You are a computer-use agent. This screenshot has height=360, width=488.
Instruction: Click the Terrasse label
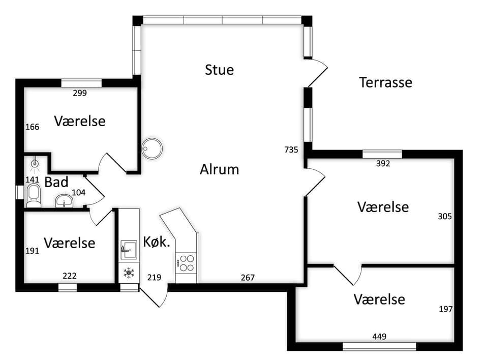coord(386,82)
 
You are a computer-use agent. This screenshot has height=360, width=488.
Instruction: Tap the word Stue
coord(220,70)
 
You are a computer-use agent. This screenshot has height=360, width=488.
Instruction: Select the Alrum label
coord(220,169)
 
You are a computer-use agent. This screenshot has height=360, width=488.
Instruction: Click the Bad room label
coord(56,182)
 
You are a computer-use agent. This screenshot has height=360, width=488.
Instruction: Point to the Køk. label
coord(157,242)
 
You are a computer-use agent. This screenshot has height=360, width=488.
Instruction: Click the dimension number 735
coord(291,150)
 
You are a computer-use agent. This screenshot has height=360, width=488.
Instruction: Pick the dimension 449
coord(379,336)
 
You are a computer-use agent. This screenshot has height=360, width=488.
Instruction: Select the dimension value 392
coord(383,164)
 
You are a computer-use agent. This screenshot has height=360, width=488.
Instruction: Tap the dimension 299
coord(80,93)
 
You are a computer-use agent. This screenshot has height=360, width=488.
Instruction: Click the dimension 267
coord(248,278)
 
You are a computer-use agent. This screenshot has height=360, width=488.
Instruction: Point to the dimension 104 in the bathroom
coord(78,192)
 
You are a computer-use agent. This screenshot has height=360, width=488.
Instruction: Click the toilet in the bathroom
coord(34,196)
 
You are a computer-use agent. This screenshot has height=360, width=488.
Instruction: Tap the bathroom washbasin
coord(64,201)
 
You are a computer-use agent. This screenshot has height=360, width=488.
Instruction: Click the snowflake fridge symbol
coord(129,273)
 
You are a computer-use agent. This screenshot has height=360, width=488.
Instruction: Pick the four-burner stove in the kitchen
coord(187,263)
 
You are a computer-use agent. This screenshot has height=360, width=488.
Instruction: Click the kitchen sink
coord(129,249)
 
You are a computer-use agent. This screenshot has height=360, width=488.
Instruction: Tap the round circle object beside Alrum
coord(152,148)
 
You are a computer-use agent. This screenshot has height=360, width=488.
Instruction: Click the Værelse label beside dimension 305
coord(383,207)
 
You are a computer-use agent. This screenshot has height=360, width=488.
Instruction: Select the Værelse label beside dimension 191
coord(70,243)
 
